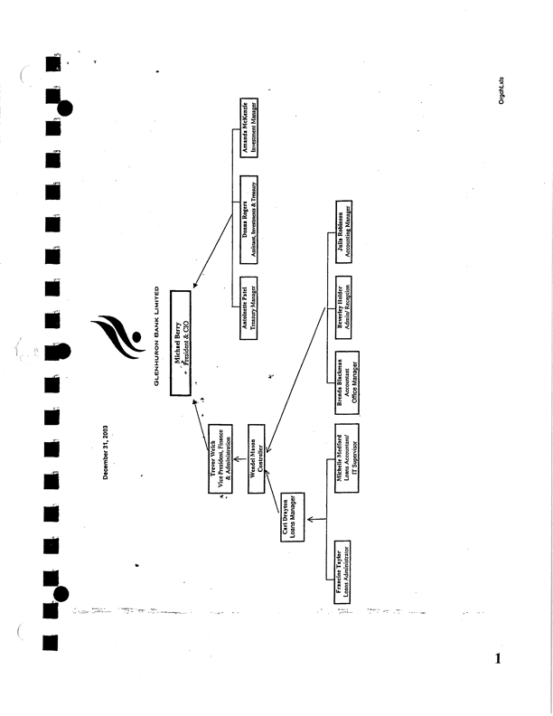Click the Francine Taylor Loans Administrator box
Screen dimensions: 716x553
click(x=345, y=575)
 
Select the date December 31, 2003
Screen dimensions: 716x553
click(x=107, y=451)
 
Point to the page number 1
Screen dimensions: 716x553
click(x=497, y=658)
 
